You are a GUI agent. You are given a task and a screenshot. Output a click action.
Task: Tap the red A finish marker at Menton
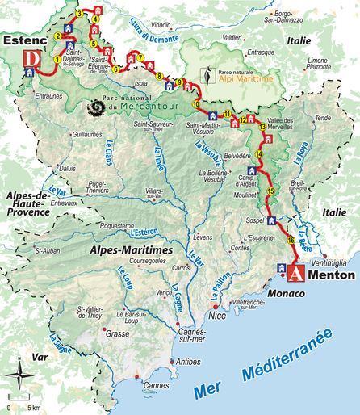298,273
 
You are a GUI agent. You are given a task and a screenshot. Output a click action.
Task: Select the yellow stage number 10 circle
195,103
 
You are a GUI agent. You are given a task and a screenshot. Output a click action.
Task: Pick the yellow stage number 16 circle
289,239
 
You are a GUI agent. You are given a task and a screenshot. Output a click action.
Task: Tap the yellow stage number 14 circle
259,153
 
